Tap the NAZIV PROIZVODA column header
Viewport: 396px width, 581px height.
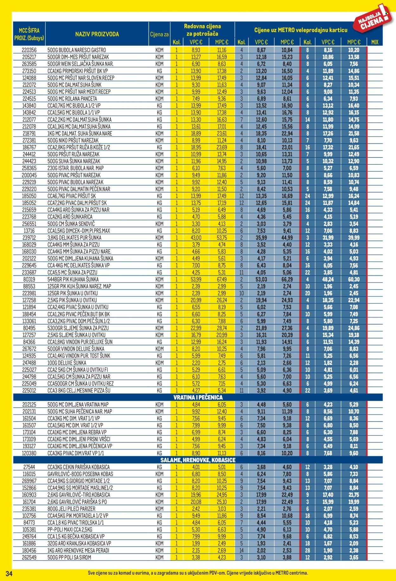[97, 34]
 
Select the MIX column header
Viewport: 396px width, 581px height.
[374, 42]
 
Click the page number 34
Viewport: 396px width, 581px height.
[9, 573]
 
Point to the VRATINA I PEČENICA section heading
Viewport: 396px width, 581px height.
[198, 397]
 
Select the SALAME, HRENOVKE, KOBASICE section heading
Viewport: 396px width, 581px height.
[198, 460]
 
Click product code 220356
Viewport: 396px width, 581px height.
[29, 50]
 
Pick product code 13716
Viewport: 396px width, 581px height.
[29, 231]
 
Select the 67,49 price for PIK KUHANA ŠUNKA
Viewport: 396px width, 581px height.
[221, 279]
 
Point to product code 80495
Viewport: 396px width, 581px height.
[29, 328]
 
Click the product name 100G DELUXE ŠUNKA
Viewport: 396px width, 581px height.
[67, 363]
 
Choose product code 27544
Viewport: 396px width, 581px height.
[29, 467]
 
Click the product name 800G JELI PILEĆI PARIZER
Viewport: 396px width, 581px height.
[71, 509]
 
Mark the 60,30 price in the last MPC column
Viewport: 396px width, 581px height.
[354, 279]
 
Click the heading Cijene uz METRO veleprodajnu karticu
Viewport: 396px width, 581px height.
[301, 30]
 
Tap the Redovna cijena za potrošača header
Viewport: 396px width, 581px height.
[202, 30]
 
